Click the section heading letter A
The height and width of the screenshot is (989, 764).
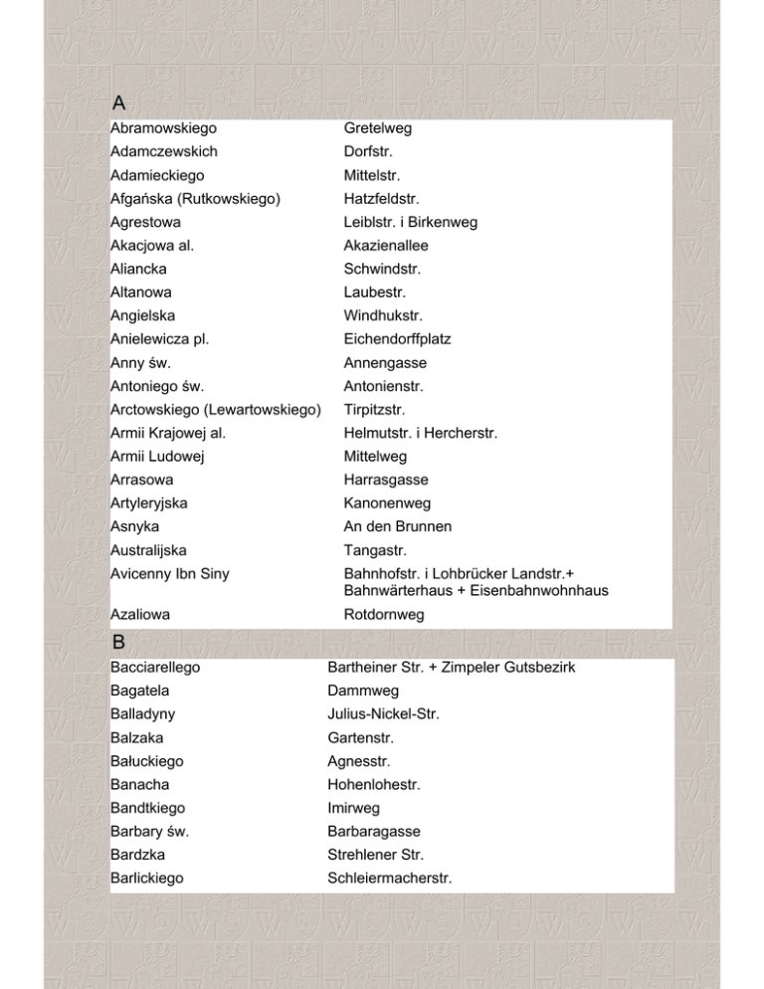point(119,102)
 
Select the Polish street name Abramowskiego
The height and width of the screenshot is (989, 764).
point(164,128)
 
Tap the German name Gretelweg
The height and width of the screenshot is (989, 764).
point(378,128)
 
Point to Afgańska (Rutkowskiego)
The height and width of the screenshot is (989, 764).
point(195,199)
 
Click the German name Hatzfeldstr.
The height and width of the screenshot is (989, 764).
point(383,199)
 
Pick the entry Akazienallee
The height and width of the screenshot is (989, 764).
point(386,246)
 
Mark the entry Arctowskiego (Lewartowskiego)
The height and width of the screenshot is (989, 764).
point(216,409)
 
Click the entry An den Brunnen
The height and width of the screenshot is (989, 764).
point(392,526)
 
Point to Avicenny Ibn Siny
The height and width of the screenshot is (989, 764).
point(171,573)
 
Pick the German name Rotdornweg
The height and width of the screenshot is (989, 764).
point(384,616)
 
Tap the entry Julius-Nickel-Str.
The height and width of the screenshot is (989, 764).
point(383,713)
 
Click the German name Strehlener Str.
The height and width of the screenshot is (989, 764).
point(376,855)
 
